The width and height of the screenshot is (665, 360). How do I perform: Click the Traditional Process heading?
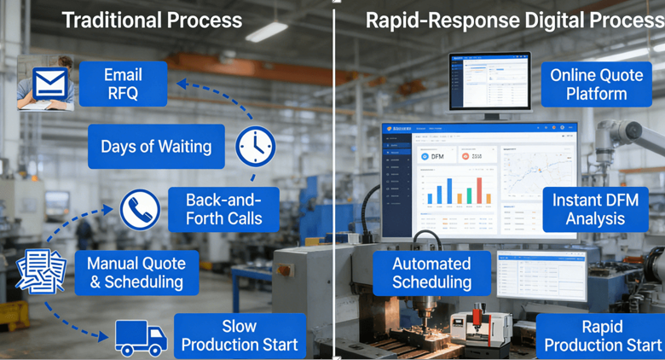152,20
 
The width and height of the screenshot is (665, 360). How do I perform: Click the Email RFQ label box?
123,84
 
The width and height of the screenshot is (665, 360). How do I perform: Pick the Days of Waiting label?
156,147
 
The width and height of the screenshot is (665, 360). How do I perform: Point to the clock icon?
256,147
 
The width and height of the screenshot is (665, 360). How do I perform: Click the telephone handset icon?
140,209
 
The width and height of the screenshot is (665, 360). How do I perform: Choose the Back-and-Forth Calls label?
224,208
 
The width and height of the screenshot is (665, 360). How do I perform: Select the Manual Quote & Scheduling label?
136,272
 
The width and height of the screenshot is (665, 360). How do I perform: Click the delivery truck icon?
141,337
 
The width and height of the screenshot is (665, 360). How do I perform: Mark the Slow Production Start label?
240,335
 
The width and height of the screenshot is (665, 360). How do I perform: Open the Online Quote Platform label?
596,84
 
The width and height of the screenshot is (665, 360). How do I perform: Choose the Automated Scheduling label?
431,272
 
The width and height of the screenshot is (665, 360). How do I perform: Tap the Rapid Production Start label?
602,335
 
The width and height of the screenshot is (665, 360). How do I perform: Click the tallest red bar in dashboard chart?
478,191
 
